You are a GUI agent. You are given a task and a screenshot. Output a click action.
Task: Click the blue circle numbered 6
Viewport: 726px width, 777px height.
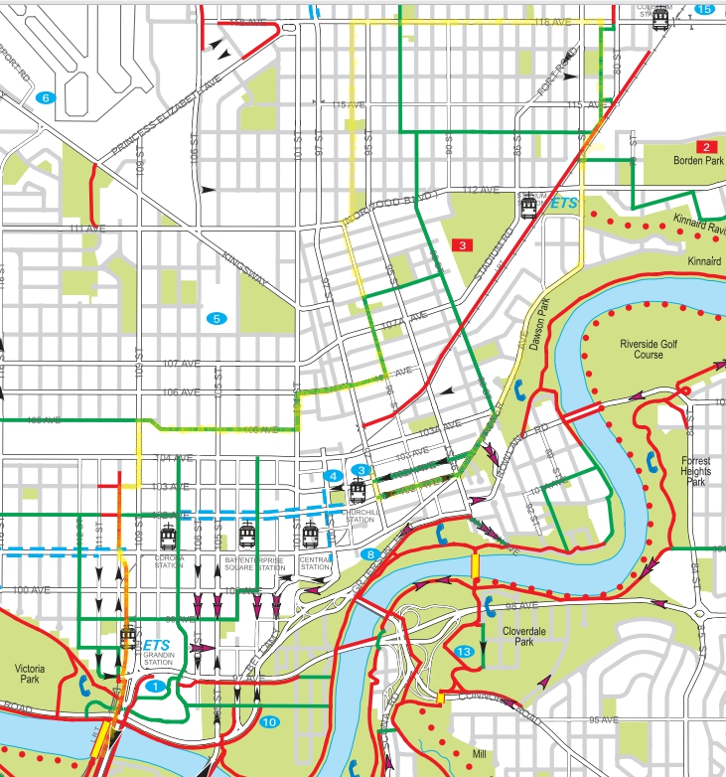pos(45,97)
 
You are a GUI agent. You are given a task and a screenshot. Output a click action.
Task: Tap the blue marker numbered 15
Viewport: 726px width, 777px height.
pos(704,9)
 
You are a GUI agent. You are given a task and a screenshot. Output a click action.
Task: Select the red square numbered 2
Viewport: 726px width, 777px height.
pos(706,147)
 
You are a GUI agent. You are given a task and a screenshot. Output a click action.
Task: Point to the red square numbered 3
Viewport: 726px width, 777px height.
pos(463,243)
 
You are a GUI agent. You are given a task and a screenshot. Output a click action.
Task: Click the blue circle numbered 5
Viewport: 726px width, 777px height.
pos(215,318)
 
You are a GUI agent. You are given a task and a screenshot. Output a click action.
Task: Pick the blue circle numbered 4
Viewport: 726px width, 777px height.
pos(335,478)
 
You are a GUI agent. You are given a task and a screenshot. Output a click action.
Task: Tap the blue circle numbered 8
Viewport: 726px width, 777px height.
pos(370,553)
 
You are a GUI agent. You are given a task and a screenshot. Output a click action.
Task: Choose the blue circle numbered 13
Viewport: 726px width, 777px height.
pos(464,651)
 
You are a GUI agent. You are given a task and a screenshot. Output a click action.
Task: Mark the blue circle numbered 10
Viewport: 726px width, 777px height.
pos(269,722)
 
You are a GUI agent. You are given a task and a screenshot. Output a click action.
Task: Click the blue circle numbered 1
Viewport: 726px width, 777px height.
pos(154,686)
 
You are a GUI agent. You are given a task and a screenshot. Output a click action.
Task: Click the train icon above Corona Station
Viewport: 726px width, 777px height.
pos(168,538)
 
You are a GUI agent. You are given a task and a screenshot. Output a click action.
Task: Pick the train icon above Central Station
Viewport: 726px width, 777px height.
pos(312,537)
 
